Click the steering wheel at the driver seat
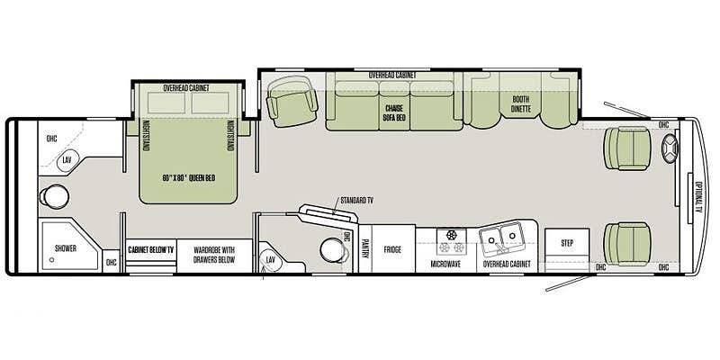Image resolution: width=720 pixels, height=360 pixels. pos(670,148)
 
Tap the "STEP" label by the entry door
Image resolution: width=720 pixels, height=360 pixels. pos(567,243)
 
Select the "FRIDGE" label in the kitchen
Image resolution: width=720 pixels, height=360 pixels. pos(392,250)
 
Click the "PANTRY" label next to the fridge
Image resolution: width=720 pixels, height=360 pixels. pos(365,248)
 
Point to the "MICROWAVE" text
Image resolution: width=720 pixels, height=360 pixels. pos(445,264)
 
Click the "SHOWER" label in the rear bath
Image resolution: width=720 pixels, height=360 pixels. pos(66,248)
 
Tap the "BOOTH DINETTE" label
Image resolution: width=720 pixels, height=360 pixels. pos(521,104)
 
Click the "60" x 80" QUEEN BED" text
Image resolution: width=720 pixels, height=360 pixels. pos(189,178)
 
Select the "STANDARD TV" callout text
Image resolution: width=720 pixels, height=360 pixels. pos(356,200)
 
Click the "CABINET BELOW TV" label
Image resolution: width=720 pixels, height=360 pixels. pos(150,250)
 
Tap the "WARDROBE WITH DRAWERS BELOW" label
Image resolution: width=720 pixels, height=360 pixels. pos(214,255)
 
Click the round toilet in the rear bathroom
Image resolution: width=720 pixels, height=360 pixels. pos(55,196)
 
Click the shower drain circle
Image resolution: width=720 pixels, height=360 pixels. pos(51,260)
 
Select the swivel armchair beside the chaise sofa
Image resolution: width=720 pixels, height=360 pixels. pos(292,102)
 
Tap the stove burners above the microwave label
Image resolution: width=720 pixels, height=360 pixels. pos(451,241)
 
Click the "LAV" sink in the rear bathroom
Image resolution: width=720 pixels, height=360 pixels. pos(67,160)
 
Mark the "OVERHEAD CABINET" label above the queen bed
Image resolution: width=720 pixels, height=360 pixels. pos(186,87)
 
